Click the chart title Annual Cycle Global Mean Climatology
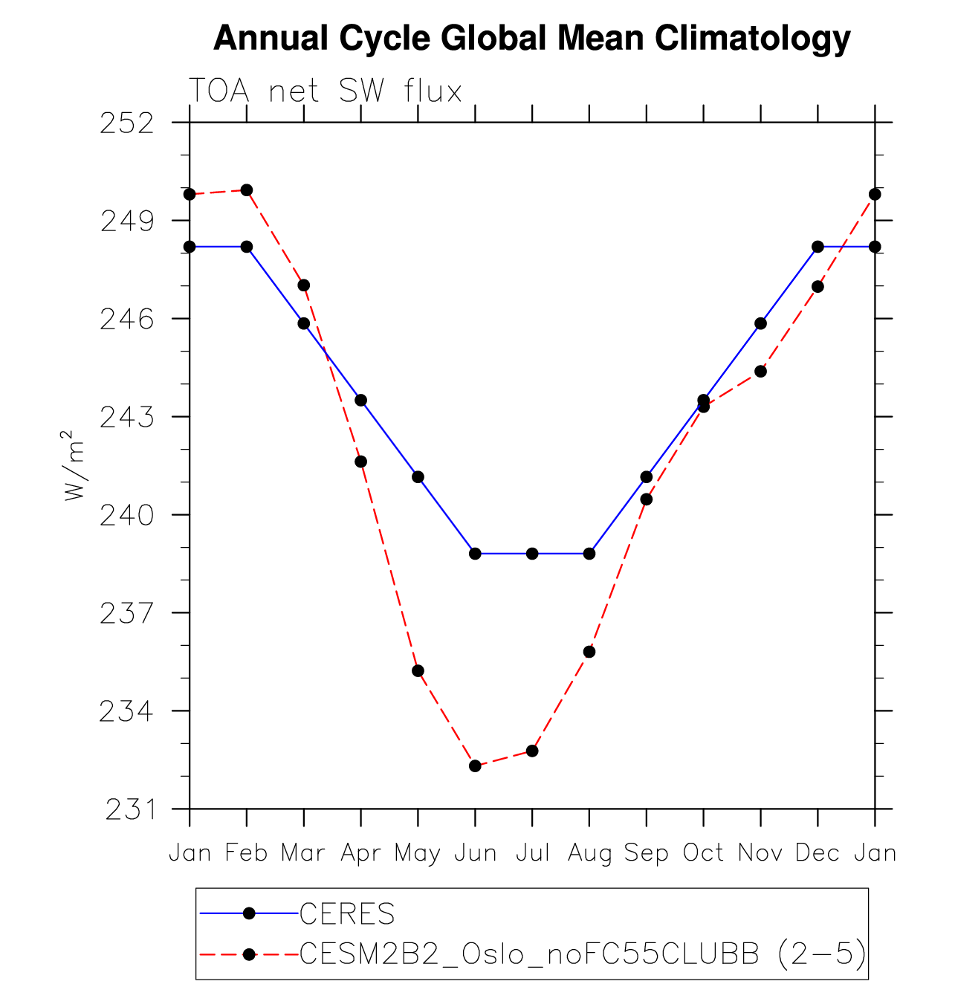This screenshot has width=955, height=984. [531, 38]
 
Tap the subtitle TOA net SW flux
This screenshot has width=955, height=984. [326, 91]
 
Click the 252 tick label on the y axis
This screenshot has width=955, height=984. [127, 123]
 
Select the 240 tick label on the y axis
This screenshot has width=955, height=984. [127, 515]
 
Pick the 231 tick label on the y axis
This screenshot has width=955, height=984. [131, 809]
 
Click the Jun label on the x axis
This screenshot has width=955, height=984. [475, 853]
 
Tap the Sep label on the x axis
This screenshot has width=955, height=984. [646, 853]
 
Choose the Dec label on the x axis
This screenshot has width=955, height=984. [818, 853]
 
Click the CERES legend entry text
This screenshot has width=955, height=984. [347, 913]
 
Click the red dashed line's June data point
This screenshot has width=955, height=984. [475, 766]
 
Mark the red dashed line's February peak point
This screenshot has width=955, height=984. [247, 190]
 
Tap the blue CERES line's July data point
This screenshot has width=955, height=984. [532, 554]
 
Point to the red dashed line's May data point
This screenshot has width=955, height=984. [418, 671]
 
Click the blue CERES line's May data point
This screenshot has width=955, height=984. [418, 477]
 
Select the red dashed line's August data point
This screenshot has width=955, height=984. [589, 652]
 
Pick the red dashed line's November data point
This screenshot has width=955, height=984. [760, 371]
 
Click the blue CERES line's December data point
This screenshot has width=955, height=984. [818, 247]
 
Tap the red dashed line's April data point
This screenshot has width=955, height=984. [360, 462]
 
